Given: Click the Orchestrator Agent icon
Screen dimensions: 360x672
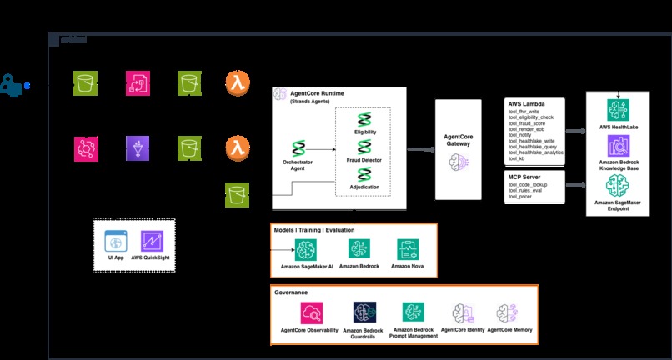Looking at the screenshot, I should [303, 144].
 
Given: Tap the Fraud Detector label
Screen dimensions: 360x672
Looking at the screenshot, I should [364, 159].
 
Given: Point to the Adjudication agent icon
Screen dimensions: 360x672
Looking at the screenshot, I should [364, 174].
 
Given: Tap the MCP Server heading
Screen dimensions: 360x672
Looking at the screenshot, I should [524, 177].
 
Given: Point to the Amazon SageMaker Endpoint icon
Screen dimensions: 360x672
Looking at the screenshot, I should [619, 187].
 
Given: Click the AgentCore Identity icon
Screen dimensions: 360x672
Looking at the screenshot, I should [464, 312].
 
